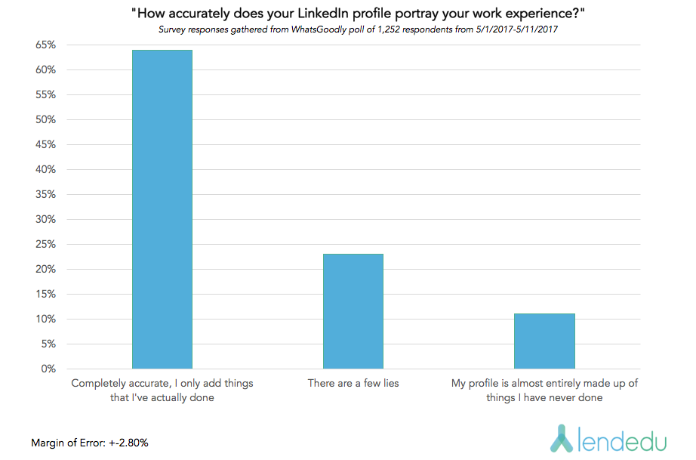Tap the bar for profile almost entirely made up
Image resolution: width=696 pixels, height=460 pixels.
click(x=544, y=341)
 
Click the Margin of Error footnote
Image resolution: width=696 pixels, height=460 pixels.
click(x=90, y=443)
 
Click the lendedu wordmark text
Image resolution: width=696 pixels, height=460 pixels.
click(x=618, y=440)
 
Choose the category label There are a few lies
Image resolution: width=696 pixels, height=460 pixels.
click(x=353, y=383)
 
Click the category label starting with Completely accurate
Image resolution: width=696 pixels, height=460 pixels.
click(x=162, y=390)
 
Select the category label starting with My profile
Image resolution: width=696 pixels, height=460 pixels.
click(x=544, y=390)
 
